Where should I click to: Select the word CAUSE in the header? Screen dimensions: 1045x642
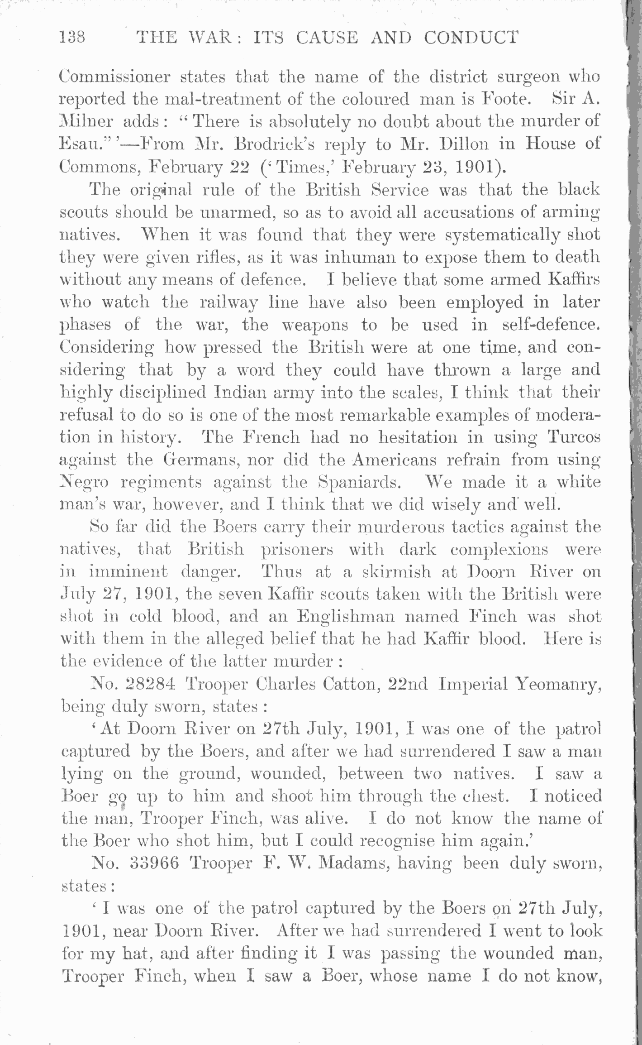pyautogui.click(x=327, y=38)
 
